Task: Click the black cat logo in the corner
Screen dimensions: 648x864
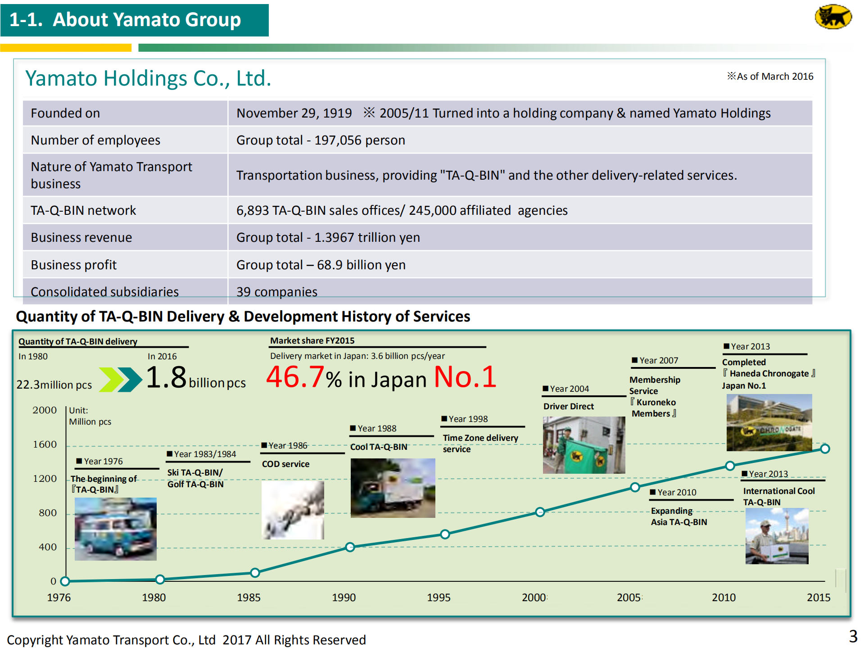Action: pos(833,17)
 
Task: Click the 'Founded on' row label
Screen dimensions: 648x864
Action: pos(66,113)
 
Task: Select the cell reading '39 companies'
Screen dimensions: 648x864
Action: pos(277,292)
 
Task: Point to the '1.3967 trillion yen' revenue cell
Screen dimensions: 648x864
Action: pos(367,237)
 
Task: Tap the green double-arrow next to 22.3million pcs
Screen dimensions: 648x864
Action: pos(120,380)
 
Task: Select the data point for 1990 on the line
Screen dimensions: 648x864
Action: pos(350,547)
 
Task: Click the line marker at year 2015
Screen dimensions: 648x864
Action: pos(825,449)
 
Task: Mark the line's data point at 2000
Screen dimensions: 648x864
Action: pos(540,512)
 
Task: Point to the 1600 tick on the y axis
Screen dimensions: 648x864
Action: pos(45,444)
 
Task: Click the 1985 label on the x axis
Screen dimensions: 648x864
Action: pos(249,598)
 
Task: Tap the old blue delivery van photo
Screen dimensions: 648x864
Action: pos(115,529)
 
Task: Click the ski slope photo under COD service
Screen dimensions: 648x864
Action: pos(293,510)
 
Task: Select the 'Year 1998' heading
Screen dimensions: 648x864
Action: pos(468,419)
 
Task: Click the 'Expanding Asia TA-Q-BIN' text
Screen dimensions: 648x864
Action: pos(679,517)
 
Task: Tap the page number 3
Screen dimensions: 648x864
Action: pos(853,636)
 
